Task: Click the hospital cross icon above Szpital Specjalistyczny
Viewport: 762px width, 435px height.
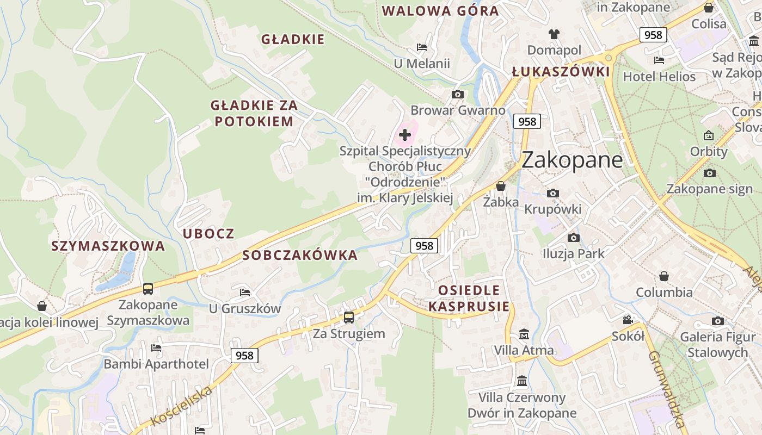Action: (x=405, y=134)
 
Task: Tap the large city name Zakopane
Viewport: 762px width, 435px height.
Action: (x=572, y=159)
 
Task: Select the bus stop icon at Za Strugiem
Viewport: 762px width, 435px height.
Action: (x=349, y=317)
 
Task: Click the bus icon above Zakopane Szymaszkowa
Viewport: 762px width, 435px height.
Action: (x=148, y=288)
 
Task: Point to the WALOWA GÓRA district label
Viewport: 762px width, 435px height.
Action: (x=440, y=11)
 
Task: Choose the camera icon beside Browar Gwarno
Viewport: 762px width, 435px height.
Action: (x=458, y=94)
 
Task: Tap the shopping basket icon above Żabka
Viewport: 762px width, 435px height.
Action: (x=501, y=187)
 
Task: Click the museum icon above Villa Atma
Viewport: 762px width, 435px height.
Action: (x=524, y=334)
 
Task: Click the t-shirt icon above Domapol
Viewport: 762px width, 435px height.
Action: (x=554, y=34)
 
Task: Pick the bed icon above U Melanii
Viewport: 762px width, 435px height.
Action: (x=422, y=47)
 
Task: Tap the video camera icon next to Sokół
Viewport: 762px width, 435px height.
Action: (x=628, y=320)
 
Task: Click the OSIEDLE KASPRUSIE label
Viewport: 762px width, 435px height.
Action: (x=469, y=298)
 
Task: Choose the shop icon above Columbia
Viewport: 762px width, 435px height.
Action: (x=664, y=276)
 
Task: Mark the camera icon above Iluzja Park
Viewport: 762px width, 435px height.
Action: (x=573, y=238)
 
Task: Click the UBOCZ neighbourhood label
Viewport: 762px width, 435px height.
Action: (x=208, y=234)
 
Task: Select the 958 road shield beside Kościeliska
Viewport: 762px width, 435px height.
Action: (x=244, y=355)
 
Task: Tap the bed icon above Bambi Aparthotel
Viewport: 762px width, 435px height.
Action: (x=156, y=348)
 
